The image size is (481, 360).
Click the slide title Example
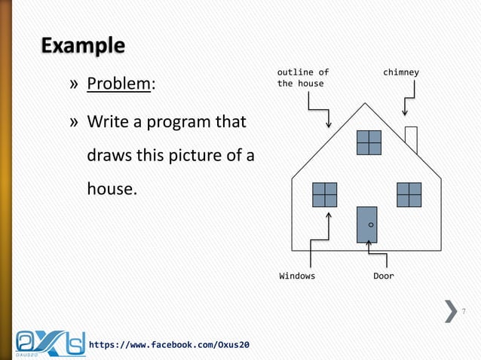pos(83,46)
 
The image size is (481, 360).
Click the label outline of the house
pos(302,78)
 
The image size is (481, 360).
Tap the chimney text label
pos(400,72)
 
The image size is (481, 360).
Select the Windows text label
pos(297,276)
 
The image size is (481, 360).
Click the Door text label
pos(383,276)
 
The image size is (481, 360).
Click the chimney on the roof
pos(411,139)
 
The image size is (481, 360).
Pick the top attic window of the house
pos(369,142)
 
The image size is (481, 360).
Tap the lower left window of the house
pos(325,194)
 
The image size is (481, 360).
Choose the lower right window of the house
pos(409,194)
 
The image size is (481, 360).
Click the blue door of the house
pos(366,224)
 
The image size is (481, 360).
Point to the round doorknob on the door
pos(372,224)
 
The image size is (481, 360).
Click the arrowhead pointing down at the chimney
pos(405,113)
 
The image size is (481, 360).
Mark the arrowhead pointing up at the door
pos(368,243)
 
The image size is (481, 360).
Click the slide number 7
pos(464,311)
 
